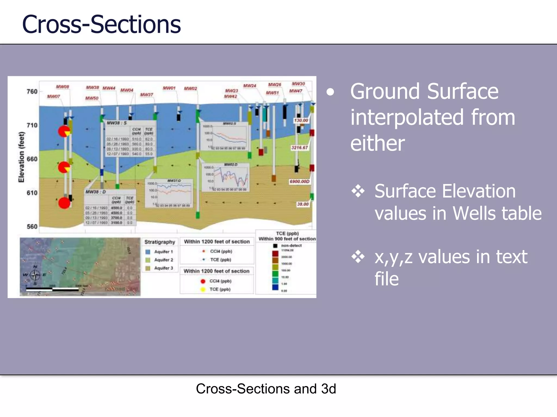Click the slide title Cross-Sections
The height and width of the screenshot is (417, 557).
(x=101, y=24)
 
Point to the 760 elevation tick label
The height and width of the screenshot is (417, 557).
(x=32, y=91)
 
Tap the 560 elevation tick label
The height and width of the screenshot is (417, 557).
(x=32, y=226)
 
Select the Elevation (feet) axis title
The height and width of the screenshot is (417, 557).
(x=21, y=157)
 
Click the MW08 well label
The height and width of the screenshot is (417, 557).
(x=63, y=87)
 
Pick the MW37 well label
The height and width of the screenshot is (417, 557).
(x=147, y=94)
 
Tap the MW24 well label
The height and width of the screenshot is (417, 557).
(x=249, y=86)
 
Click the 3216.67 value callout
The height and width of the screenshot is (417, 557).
(x=299, y=147)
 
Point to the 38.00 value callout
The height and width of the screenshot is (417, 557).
(x=303, y=204)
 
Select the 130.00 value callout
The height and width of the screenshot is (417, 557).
(x=301, y=120)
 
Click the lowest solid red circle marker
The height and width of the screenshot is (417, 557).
(x=64, y=203)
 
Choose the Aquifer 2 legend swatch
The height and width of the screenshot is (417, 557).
(x=148, y=260)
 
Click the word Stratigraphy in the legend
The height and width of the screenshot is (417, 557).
(x=160, y=242)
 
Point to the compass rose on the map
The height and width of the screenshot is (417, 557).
(x=35, y=275)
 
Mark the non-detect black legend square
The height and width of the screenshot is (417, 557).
(x=275, y=246)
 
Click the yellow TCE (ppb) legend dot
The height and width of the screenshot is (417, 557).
(x=203, y=289)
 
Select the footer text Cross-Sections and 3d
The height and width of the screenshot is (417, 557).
(x=266, y=388)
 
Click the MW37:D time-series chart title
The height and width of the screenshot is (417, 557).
(x=174, y=181)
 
